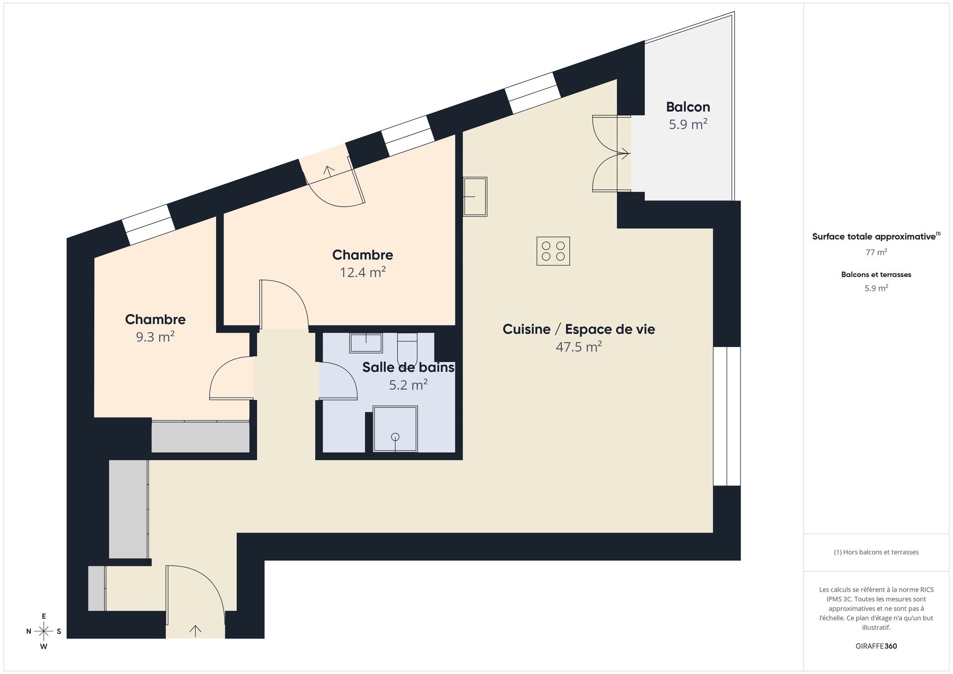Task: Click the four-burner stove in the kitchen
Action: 553,251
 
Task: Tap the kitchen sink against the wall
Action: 475,197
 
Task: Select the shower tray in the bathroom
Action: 395,429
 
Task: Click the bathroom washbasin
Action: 366,342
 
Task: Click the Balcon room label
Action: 688,107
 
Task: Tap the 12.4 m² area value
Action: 363,272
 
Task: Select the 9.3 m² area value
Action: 155,337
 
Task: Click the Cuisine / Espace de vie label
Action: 579,329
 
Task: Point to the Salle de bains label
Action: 408,367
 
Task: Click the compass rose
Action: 44,631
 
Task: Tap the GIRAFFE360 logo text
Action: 876,646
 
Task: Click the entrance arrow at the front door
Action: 195,630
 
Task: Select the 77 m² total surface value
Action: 876,252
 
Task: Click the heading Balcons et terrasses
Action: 876,274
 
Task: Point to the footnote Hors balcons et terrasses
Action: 876,552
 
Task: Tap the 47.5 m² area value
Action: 579,346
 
